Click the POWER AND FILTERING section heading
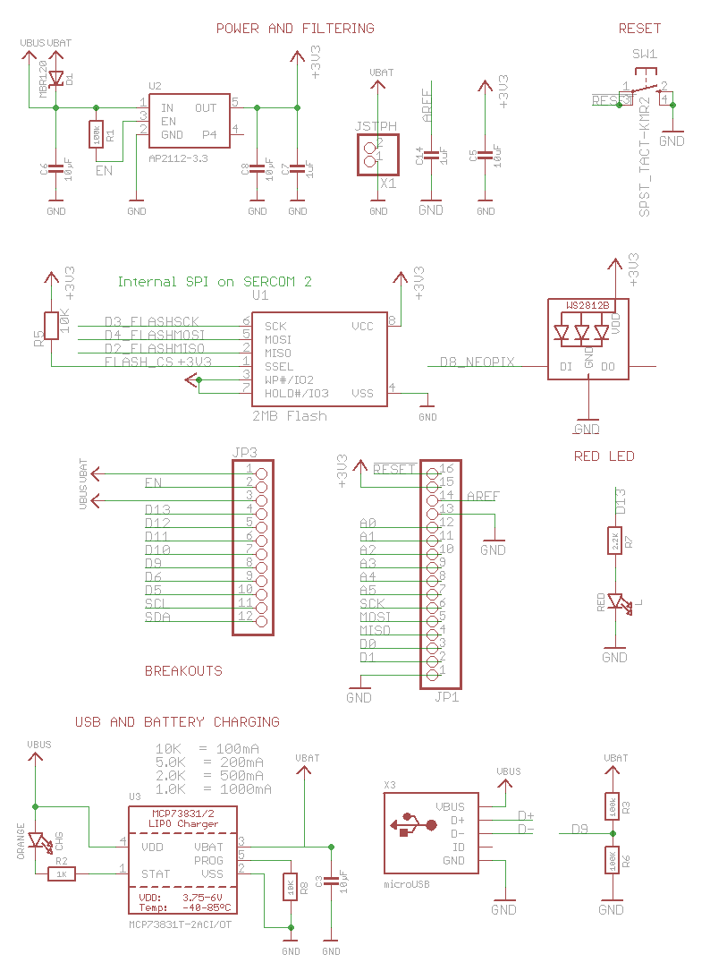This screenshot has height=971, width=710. coord(295,29)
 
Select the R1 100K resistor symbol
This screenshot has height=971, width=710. coord(96,134)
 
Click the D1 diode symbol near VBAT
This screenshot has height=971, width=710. coord(57,78)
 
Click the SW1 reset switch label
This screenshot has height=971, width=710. coord(644,54)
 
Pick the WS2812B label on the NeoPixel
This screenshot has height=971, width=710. coord(587,305)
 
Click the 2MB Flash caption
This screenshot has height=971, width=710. coord(290,415)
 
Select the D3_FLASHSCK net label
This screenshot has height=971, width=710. coord(151,321)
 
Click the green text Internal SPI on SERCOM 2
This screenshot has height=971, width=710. coord(215,281)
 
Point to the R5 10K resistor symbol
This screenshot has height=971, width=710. coord(52,325)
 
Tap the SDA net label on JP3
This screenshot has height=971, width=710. coord(157,617)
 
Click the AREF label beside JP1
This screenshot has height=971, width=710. coord(484,496)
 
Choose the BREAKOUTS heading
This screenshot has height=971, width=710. coord(183,669)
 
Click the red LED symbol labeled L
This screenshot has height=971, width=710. coord(616,602)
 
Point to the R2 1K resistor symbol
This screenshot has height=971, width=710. coord(62,873)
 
